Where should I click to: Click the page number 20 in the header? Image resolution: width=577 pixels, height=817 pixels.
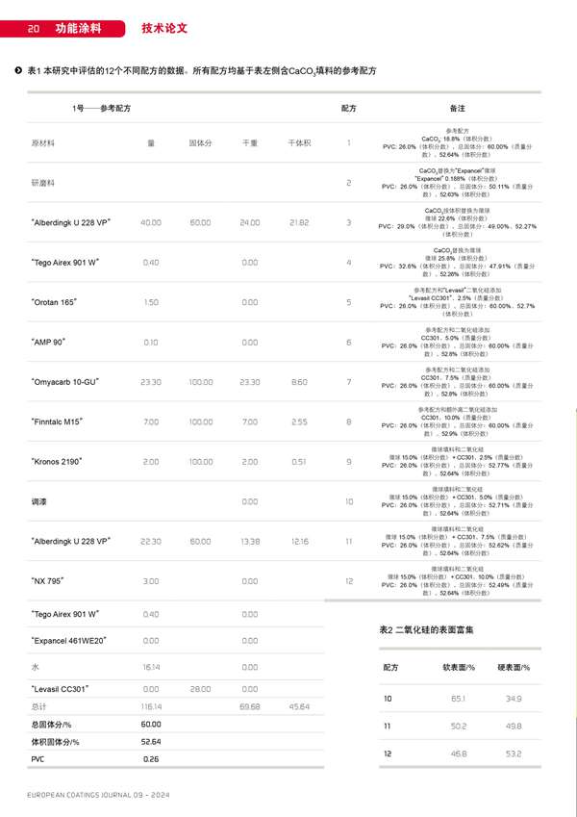(32, 29)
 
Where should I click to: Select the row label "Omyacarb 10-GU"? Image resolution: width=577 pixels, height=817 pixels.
(70, 382)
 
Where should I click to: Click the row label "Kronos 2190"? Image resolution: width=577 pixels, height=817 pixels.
(63, 461)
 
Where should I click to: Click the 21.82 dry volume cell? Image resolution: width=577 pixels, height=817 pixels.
(299, 222)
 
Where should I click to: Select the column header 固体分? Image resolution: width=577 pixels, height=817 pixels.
(200, 142)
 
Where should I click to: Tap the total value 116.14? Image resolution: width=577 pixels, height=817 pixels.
(150, 706)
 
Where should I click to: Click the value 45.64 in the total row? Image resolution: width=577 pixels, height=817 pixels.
(299, 706)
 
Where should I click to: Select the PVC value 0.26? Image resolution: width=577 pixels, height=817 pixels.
(150, 759)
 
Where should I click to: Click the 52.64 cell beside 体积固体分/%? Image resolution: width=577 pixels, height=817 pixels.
(150, 741)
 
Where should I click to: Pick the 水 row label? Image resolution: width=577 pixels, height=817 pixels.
(35, 666)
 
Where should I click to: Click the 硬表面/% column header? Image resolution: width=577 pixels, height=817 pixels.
(514, 667)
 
